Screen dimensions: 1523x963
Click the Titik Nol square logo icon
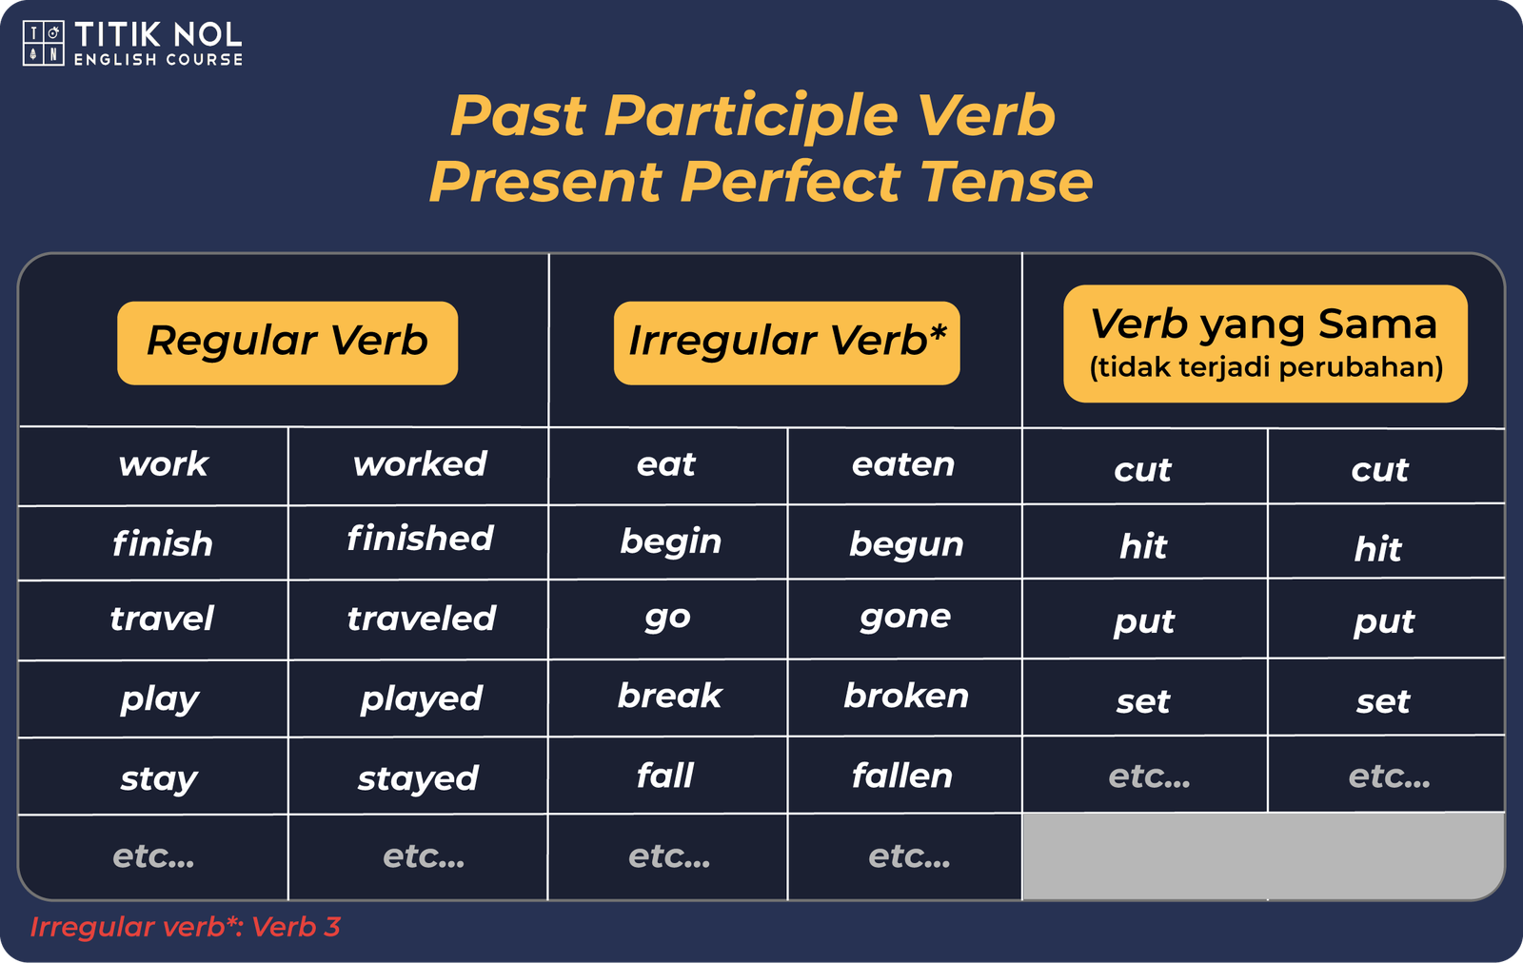pos(44,43)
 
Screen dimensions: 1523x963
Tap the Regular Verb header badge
pos(287,344)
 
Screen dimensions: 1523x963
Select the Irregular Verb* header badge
pos(786,344)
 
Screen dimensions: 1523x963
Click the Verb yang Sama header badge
pos(1265,344)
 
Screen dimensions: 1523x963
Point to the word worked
pos(420,464)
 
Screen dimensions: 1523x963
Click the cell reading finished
pos(420,539)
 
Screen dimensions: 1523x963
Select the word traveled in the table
pos(422,619)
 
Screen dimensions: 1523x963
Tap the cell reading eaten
pos(903,465)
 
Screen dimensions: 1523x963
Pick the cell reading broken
pos(906,696)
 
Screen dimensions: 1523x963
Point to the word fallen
pos(902,776)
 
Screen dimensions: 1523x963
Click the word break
pos(670,696)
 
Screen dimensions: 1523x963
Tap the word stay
pos(159,779)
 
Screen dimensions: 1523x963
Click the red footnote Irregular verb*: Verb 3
pos(185,927)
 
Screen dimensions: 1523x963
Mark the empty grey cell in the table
pos(1262,856)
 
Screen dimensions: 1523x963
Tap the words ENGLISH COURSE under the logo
pos(158,60)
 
